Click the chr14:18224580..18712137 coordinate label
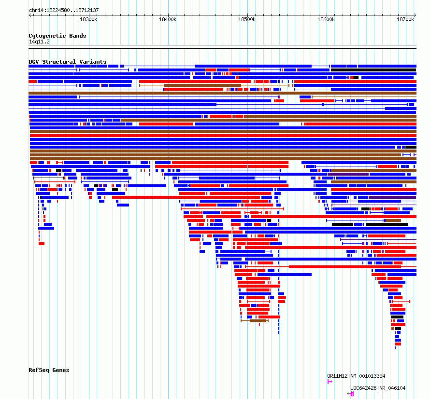pyautogui.click(x=64, y=10)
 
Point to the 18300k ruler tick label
pyautogui.click(x=88, y=19)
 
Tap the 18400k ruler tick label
pyautogui.click(x=168, y=19)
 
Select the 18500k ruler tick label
pyautogui.click(x=247, y=19)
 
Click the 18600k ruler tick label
pyautogui.click(x=326, y=19)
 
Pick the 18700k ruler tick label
pyautogui.click(x=405, y=19)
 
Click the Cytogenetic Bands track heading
pyautogui.click(x=57, y=36)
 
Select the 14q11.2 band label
pyautogui.click(x=39, y=41)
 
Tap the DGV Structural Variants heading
pyautogui.click(x=68, y=62)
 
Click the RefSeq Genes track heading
pyautogui.click(x=49, y=370)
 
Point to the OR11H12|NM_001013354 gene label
pyautogui.click(x=356, y=376)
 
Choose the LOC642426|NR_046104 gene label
pyautogui.click(x=378, y=388)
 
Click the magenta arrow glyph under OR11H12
pyautogui.click(x=330, y=382)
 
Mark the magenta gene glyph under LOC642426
pyautogui.click(x=350, y=394)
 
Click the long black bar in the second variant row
pyautogui.click(x=373, y=70)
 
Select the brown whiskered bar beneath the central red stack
pyautogui.click(x=255, y=321)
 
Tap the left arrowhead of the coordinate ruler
pyautogui.click(x=29, y=15)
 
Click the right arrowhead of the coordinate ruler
pyautogui.click(x=415, y=15)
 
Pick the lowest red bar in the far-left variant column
pyautogui.click(x=42, y=244)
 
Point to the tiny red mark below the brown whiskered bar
pyautogui.click(x=259, y=325)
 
